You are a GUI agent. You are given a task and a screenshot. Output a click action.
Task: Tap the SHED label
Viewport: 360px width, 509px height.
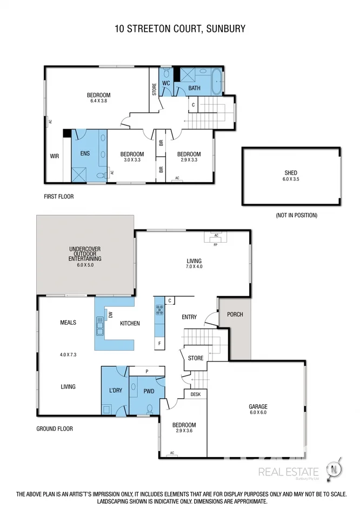click(x=291, y=173)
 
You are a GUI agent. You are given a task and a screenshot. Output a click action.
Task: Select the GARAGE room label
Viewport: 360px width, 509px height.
click(x=258, y=406)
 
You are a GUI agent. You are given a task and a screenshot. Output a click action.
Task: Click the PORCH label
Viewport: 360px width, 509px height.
click(x=235, y=314)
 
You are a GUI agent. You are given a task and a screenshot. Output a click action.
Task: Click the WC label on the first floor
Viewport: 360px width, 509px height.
click(x=166, y=83)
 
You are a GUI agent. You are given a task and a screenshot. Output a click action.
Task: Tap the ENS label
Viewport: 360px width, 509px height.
click(x=85, y=153)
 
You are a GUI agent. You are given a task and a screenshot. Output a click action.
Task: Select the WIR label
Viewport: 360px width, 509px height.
click(x=54, y=156)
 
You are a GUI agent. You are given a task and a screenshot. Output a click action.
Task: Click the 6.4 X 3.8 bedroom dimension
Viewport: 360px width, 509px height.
click(x=99, y=101)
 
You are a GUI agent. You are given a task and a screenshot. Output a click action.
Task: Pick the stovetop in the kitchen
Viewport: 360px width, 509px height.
click(x=160, y=310)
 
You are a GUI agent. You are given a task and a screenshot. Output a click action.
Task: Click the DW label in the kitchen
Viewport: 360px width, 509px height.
click(x=110, y=314)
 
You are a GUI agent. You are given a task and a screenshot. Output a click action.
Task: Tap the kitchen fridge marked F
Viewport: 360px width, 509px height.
click(x=159, y=343)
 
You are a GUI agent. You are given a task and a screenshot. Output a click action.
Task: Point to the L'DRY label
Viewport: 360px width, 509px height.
click(x=114, y=391)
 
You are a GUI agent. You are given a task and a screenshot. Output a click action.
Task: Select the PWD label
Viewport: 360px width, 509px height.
click(x=149, y=391)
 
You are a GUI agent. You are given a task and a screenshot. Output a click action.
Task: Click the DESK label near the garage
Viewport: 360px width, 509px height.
click(x=195, y=394)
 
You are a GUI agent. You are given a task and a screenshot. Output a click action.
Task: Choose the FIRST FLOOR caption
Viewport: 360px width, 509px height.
click(x=58, y=197)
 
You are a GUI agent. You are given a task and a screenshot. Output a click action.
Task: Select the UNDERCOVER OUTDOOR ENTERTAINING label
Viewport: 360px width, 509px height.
click(x=85, y=253)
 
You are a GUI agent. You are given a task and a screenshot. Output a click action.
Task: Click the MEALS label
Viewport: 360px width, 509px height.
click(x=68, y=323)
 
